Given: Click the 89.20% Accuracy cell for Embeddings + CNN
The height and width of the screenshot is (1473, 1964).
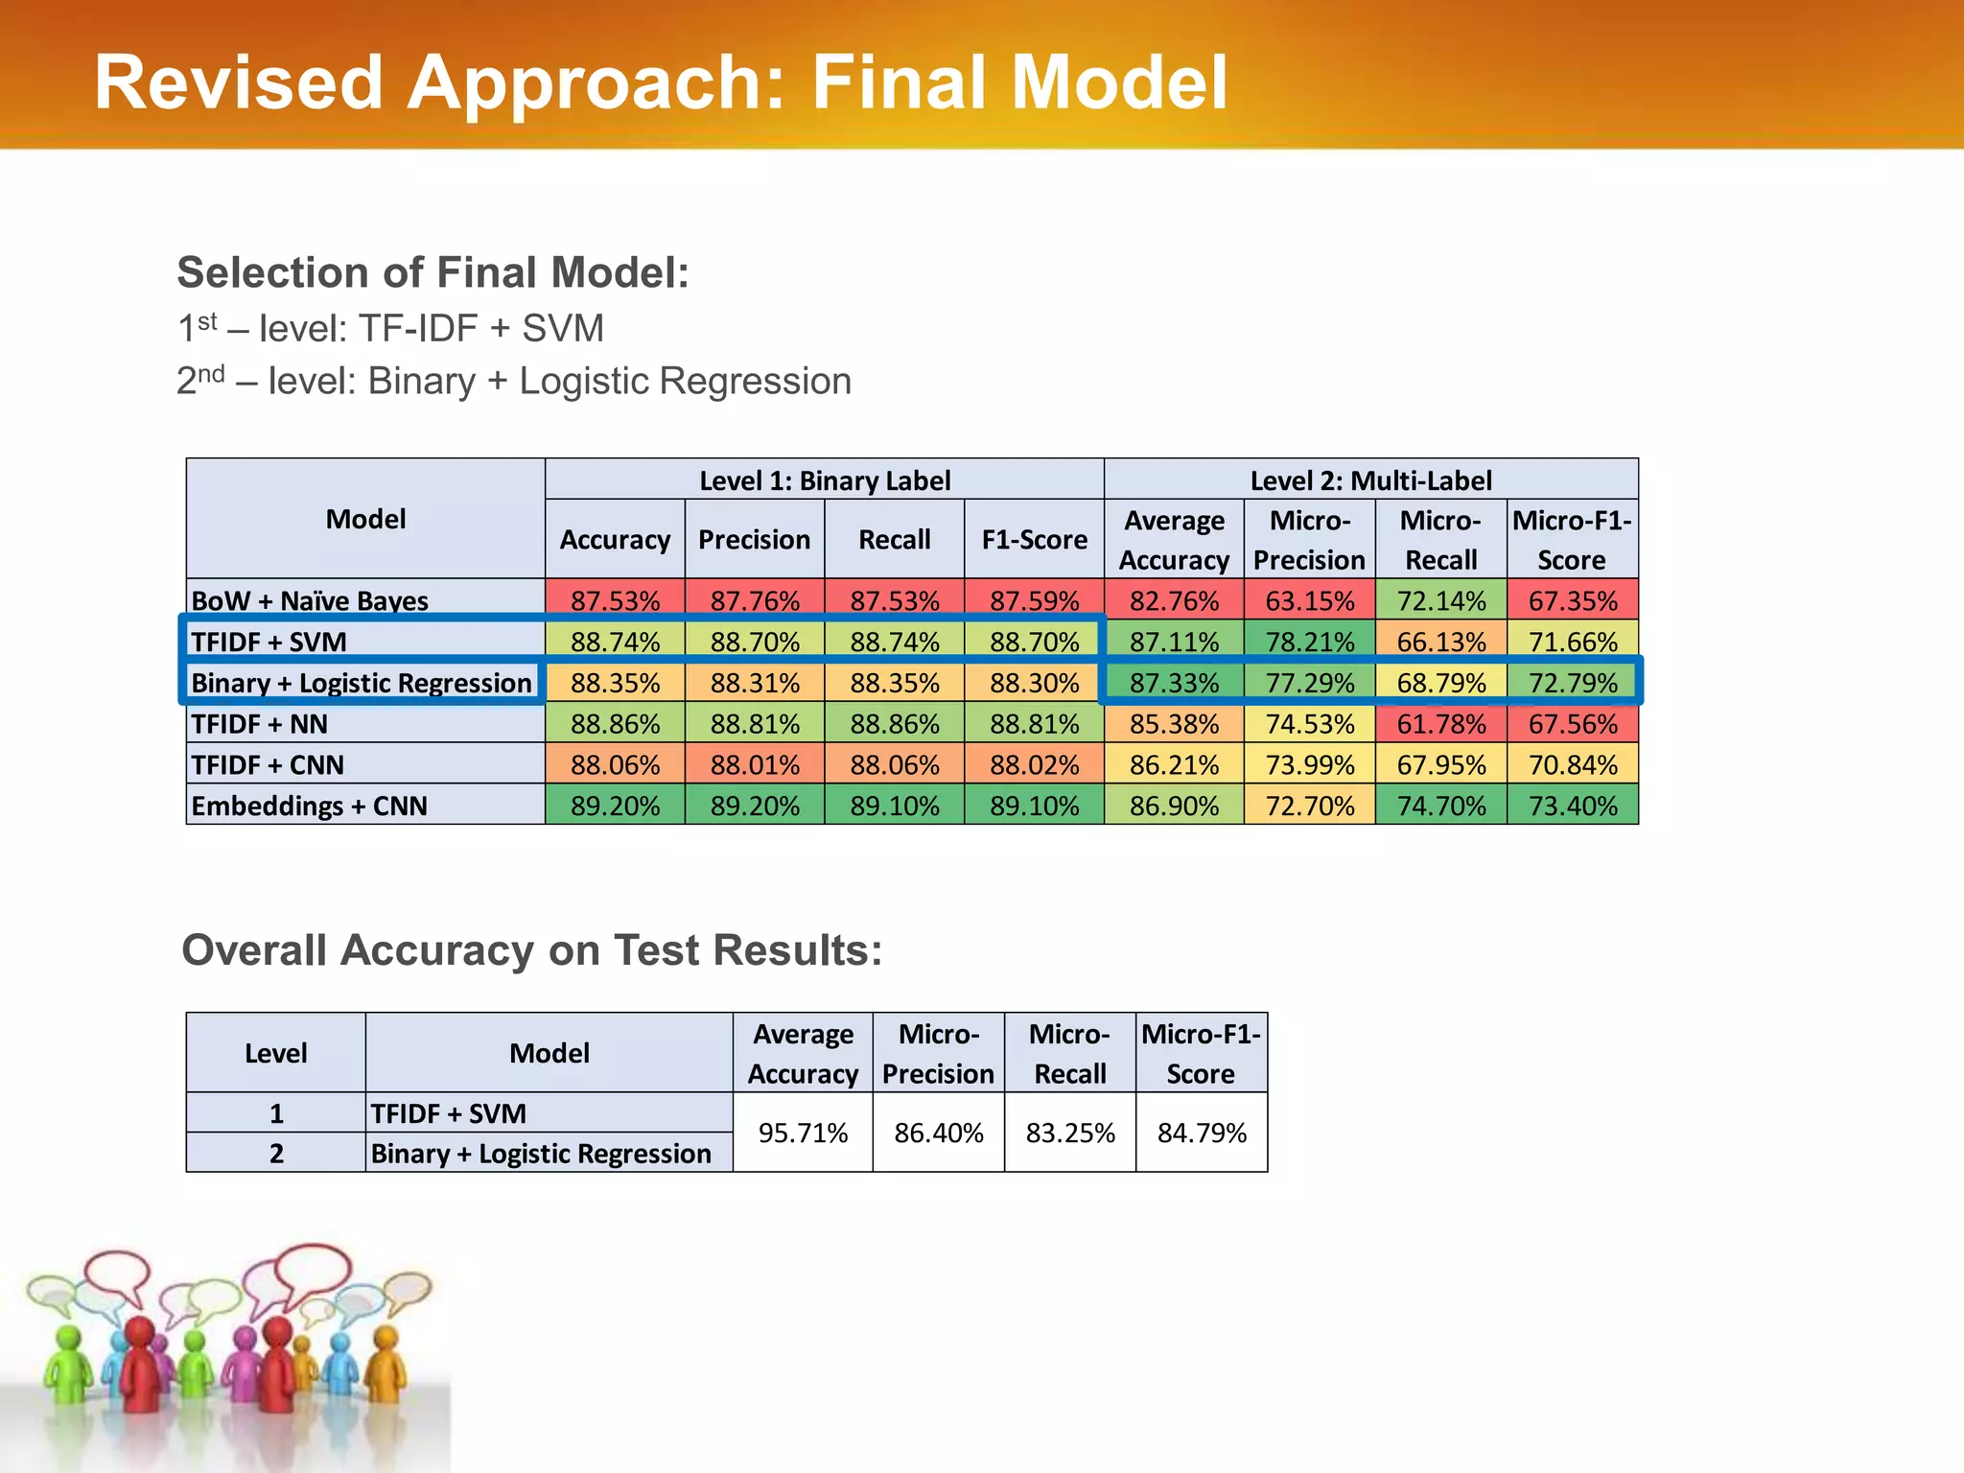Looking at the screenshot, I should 615,806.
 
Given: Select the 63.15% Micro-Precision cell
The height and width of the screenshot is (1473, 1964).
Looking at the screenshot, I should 1309,601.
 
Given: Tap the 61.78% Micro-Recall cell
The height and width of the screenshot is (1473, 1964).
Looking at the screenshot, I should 1440,724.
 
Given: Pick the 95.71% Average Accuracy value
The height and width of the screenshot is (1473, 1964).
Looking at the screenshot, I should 803,1133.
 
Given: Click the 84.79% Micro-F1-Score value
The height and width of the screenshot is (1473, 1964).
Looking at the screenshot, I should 1202,1133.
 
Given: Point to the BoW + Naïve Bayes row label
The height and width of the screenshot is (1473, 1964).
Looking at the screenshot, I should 310,601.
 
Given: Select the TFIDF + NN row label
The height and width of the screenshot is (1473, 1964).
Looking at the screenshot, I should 259,724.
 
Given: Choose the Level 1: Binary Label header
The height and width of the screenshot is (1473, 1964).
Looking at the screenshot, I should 825,480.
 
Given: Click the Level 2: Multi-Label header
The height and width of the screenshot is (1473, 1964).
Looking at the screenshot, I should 1370,480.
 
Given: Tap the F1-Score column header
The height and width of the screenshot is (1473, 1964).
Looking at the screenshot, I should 1034,540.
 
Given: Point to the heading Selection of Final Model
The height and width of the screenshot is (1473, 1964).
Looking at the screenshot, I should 433,273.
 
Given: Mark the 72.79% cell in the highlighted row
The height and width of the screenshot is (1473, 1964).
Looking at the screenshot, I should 1573,683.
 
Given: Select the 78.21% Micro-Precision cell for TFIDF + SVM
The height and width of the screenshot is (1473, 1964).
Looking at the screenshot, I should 1309,643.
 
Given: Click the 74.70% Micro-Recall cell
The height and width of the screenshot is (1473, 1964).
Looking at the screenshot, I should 1440,806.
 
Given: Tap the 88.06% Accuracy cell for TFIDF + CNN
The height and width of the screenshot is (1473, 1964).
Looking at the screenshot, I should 615,765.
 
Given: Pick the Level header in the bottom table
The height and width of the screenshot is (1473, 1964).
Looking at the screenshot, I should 276,1053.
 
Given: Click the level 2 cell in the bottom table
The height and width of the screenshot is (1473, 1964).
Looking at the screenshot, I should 276,1153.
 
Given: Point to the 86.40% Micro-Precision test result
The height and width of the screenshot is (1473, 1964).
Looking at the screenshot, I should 938,1133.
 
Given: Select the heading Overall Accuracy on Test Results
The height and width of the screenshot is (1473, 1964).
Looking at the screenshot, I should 531,951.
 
